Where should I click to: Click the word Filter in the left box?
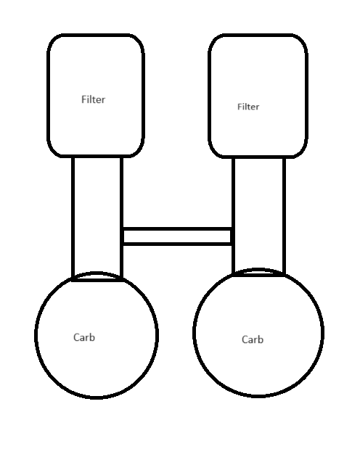click(x=94, y=99)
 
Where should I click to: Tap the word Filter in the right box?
click(x=248, y=107)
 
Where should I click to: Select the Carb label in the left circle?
click(x=84, y=337)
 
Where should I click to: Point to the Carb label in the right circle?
click(x=253, y=339)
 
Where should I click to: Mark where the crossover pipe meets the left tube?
click(x=122, y=236)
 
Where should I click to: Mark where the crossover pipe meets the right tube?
click(x=233, y=236)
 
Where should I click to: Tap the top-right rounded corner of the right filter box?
click(x=302, y=40)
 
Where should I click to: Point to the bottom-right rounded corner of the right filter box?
click(x=302, y=152)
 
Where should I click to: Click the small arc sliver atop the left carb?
click(x=97, y=273)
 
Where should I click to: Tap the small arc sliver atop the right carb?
click(x=258, y=269)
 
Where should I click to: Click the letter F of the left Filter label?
click(x=83, y=99)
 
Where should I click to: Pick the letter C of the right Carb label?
click(x=245, y=339)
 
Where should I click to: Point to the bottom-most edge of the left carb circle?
click(x=97, y=397)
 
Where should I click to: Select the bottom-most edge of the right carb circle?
click(x=258, y=396)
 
